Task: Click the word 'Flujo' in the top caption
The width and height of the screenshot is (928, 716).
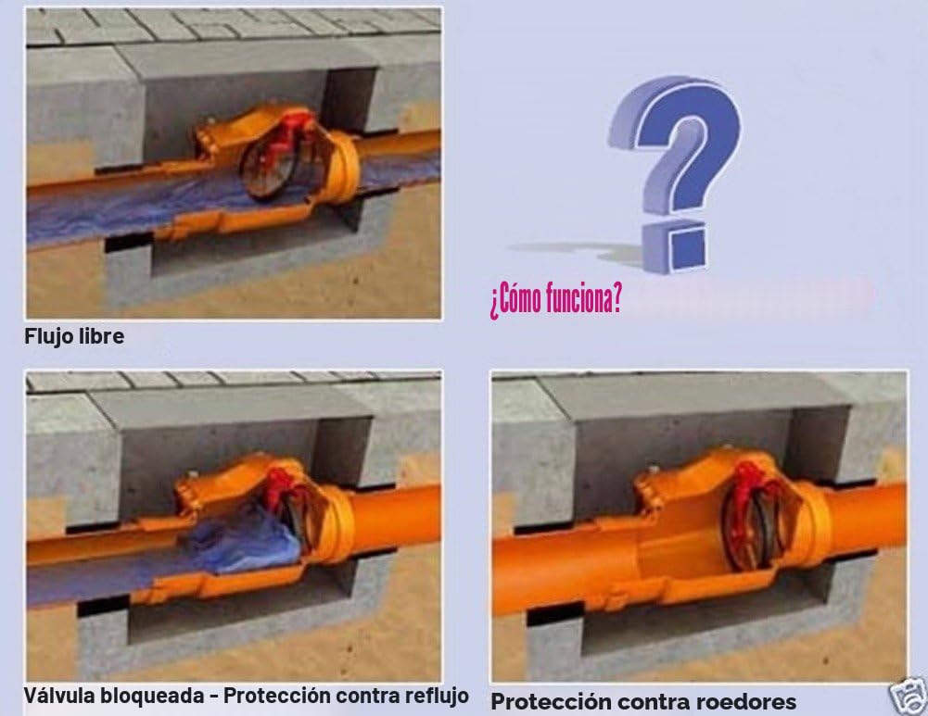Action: point(50,336)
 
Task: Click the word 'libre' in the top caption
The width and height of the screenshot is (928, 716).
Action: point(103,336)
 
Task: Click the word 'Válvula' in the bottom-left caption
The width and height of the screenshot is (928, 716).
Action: point(59,695)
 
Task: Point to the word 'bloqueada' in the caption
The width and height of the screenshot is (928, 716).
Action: point(152,696)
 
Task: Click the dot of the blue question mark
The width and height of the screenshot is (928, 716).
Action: point(676,246)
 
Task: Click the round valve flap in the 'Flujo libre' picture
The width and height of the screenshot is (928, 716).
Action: point(269,170)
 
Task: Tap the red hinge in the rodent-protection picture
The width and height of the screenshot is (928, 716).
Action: point(753,484)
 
